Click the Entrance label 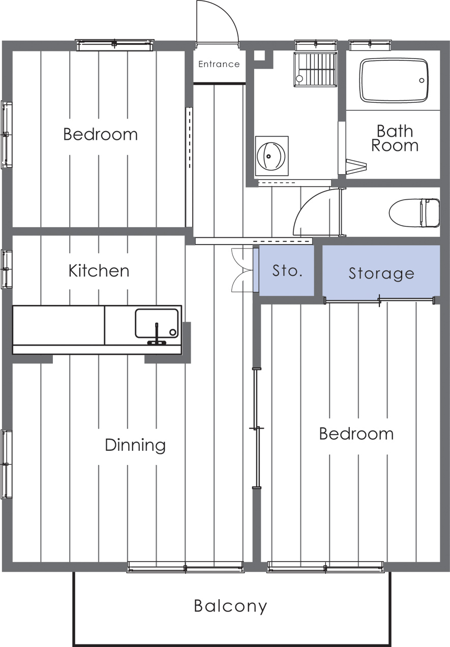pos(219,64)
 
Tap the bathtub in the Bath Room pos(393,80)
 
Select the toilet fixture pos(414,212)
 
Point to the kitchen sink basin pos(157,323)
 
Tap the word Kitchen pos(99,270)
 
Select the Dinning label pos(135,445)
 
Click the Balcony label pos(230,606)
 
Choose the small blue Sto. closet pos(286,270)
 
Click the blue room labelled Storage pos(381,272)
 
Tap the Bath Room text pos(395,138)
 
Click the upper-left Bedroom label pos(100,134)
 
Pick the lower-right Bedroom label pos(356,434)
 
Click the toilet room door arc pos(313,211)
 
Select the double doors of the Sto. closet pos(242,270)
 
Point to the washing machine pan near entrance pos(315,69)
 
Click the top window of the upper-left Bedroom pos(115,45)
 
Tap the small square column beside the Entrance pos(259,55)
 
